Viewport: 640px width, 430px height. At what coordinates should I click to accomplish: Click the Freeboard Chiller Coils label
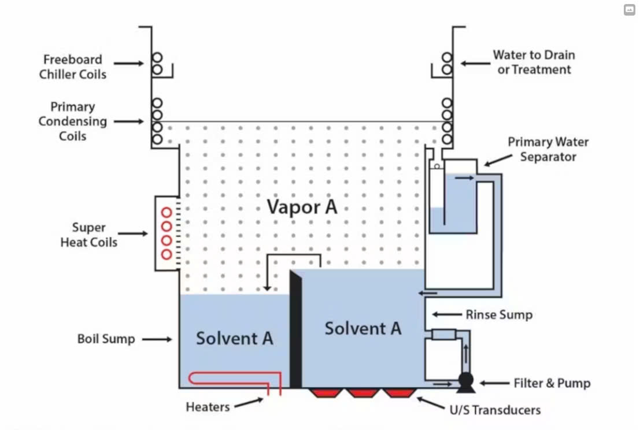point(72,66)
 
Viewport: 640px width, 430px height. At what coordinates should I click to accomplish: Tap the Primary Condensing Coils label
point(72,121)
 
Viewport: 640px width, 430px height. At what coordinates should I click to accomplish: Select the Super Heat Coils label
point(88,235)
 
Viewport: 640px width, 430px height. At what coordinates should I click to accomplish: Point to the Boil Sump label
point(106,339)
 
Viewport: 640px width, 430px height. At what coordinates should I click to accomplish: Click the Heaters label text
point(208,407)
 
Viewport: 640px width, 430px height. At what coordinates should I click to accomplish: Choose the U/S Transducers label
point(495,410)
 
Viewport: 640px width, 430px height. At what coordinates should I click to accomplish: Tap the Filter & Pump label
point(552,383)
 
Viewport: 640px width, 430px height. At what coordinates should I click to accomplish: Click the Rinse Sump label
point(499,315)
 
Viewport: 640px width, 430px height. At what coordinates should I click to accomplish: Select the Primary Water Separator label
point(548,149)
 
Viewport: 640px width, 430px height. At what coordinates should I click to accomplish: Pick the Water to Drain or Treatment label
point(534,62)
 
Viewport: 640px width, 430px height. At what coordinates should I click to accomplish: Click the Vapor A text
point(302,207)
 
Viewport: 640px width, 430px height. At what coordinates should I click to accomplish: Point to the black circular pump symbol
point(465,380)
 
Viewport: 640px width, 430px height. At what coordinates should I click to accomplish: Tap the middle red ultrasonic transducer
point(362,393)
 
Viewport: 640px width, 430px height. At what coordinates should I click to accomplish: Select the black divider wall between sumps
point(296,329)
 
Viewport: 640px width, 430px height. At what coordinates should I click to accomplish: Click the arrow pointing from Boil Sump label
point(157,339)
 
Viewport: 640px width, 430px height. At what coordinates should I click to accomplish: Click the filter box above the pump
point(443,334)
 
